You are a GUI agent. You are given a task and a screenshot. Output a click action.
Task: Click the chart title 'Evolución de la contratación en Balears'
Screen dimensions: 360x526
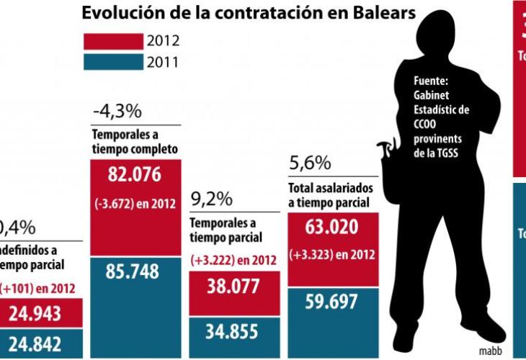click(x=248, y=13)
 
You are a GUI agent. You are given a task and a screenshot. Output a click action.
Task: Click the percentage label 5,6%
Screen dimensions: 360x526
click(x=308, y=163)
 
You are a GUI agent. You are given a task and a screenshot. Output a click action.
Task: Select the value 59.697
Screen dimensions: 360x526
click(x=331, y=301)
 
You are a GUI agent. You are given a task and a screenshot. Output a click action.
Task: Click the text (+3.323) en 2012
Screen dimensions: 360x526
click(x=331, y=254)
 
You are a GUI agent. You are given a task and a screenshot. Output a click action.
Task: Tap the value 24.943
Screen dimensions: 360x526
click(x=45, y=313)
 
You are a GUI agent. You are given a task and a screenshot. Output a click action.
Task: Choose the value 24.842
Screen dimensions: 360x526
click(x=45, y=343)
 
